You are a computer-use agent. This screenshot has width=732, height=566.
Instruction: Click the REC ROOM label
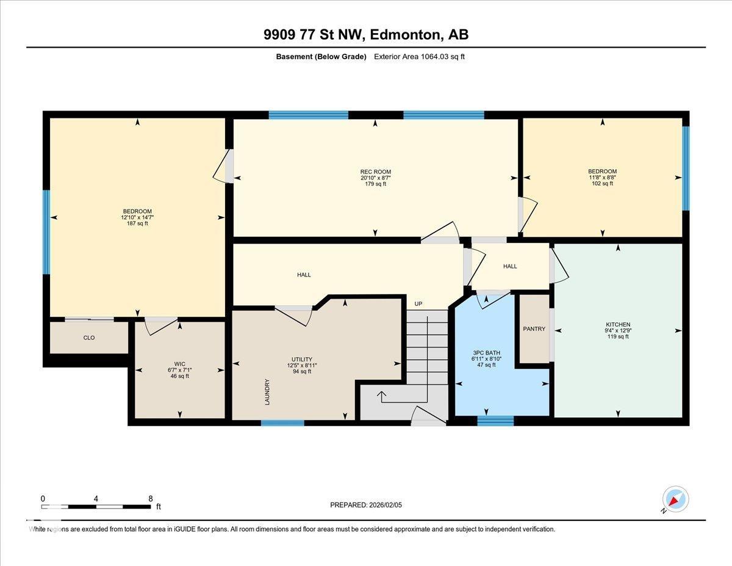coord(376,172)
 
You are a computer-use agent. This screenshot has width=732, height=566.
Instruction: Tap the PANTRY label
coord(534,328)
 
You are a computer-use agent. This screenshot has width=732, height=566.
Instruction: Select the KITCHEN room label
coord(618,324)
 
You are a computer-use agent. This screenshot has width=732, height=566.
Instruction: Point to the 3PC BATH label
coord(486,353)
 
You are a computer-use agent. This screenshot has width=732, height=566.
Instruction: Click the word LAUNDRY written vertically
coord(267,392)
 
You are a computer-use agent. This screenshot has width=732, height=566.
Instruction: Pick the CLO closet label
coord(89,338)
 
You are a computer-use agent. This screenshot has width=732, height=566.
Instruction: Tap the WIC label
coord(179,364)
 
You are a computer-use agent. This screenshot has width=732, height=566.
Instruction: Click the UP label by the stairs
coord(418,303)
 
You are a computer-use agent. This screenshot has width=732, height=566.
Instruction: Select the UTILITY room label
coord(302,360)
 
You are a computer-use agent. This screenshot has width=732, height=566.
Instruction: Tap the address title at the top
coord(366,35)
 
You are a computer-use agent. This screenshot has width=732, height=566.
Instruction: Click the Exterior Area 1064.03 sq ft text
coord(419,57)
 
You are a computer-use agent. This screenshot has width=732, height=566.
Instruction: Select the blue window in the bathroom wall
coord(495,421)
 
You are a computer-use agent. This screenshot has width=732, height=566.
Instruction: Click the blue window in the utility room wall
coord(282,423)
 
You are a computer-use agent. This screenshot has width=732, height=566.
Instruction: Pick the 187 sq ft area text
coord(137,223)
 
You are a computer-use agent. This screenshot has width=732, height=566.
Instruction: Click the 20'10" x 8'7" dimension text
coord(376,178)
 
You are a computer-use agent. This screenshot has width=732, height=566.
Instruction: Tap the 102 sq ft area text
coord(602,183)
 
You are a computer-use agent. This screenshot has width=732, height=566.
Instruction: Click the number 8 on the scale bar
coord(151,499)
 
